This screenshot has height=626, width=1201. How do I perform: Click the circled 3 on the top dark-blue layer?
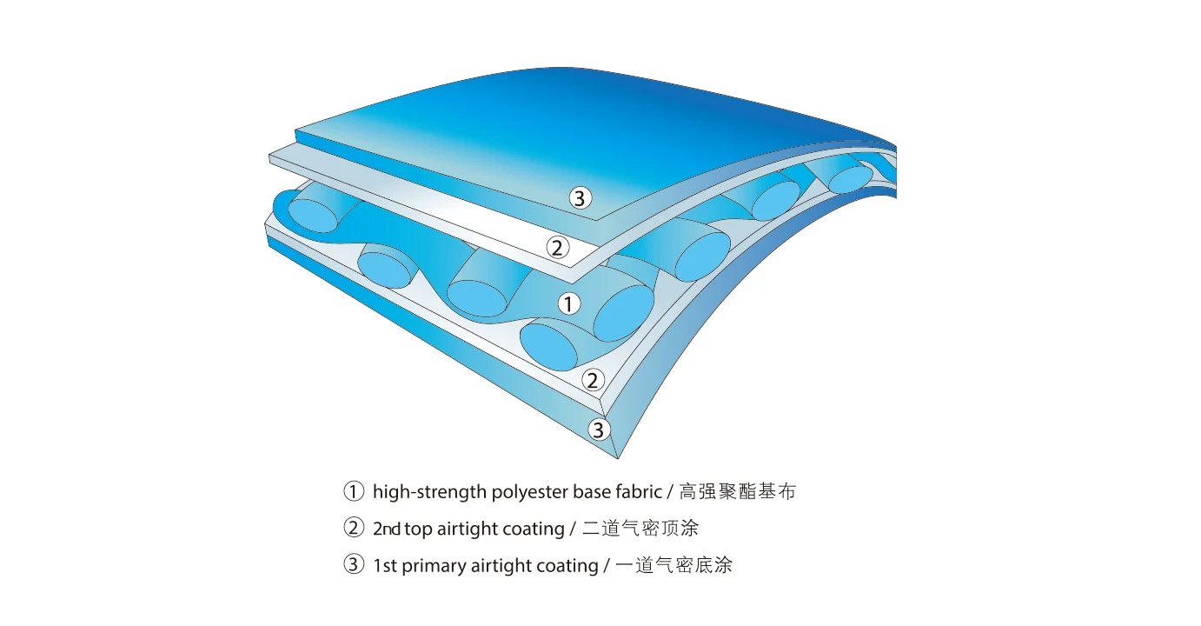[x=581, y=197]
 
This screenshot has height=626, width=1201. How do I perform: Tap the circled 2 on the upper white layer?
[x=557, y=247]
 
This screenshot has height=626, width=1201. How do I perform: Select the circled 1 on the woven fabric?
[x=568, y=303]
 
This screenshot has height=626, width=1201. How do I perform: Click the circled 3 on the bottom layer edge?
[x=599, y=429]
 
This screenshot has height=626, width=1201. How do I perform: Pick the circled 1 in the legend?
[x=354, y=491]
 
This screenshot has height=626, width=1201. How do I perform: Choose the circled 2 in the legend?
[x=354, y=528]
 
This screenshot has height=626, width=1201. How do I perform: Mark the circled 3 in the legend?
[x=354, y=565]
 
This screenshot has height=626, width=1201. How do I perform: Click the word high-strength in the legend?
[x=429, y=492]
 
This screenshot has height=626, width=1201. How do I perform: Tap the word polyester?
[x=529, y=492]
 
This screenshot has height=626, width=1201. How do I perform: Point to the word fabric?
[x=638, y=491]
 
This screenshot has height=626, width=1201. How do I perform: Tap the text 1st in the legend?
[x=384, y=566]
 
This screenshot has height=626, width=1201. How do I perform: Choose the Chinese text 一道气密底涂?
[x=673, y=565]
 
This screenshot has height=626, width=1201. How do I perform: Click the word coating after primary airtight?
[x=567, y=566]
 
